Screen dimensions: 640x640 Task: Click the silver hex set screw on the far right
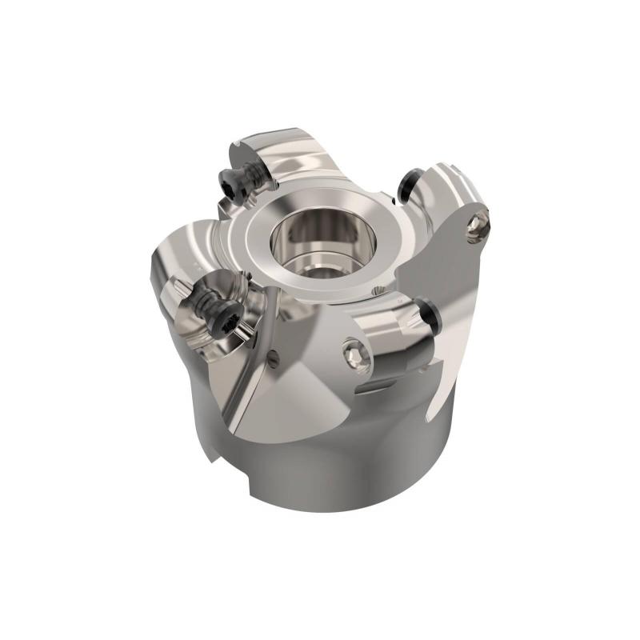coord(478,226)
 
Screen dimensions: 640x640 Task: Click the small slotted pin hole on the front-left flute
coord(274,360)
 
